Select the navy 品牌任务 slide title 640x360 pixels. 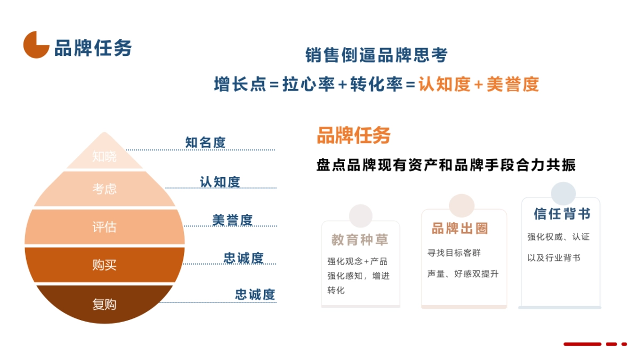click(x=93, y=48)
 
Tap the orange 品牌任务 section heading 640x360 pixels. click(x=354, y=135)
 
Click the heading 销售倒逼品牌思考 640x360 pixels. click(x=376, y=55)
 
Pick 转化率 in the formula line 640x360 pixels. click(x=376, y=84)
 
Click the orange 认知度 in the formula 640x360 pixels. click(x=444, y=84)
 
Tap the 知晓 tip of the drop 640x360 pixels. click(x=105, y=156)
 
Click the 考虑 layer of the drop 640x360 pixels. click(x=105, y=189)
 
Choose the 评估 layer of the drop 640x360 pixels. click(x=105, y=227)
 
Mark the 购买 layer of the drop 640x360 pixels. click(x=105, y=265)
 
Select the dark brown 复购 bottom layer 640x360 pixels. click(x=105, y=304)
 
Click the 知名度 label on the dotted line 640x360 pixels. click(x=205, y=142)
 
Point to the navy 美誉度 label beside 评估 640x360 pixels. click(x=232, y=220)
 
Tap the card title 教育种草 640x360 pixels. click(x=359, y=240)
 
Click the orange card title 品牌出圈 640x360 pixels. click(x=460, y=229)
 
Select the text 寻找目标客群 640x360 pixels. click(x=454, y=253)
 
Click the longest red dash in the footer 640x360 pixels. click(x=582, y=345)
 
